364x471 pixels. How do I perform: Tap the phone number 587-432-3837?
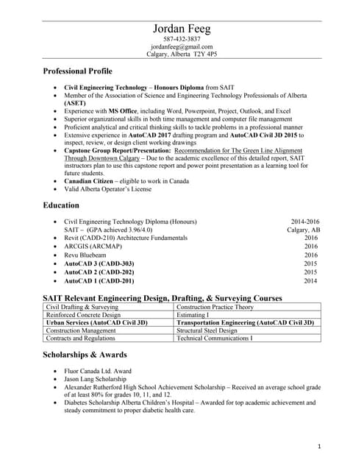coord(181,39)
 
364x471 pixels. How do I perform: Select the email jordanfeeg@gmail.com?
coord(181,46)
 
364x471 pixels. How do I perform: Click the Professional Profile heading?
coord(77,71)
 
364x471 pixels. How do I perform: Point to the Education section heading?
coord(62,205)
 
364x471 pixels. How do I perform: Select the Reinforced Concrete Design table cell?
coord(83,314)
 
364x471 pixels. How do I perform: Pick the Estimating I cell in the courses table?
coord(193,314)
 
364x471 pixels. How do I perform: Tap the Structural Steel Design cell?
coord(207,330)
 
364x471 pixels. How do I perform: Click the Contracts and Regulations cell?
coord(81,339)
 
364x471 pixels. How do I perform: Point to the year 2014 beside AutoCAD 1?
coord(310,280)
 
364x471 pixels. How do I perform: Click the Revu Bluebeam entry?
coord(88,254)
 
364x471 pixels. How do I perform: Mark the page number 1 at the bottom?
coord(320,447)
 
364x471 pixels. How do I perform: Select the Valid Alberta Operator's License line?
coord(107,189)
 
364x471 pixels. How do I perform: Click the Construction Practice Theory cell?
coord(215,306)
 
